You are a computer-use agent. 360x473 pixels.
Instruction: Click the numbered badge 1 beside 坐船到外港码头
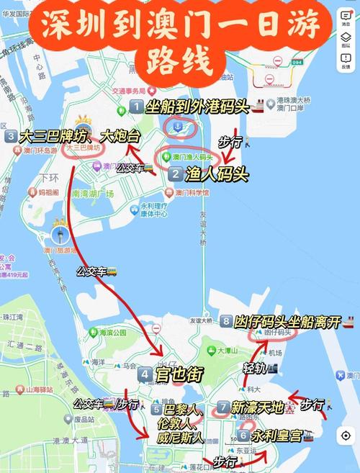136,107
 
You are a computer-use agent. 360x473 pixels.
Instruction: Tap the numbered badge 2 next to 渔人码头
176,174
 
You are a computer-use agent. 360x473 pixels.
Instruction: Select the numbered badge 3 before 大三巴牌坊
11,136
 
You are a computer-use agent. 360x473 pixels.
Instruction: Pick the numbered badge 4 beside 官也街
145,374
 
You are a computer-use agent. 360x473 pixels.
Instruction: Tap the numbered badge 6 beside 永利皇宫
243,436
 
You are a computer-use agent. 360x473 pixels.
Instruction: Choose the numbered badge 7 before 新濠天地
223,407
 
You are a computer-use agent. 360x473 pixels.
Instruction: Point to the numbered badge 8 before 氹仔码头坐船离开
226,321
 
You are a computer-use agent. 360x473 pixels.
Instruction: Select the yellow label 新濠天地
257,407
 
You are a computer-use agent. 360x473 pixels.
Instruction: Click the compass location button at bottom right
346,436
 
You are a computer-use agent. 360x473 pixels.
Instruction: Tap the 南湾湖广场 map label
93,194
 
